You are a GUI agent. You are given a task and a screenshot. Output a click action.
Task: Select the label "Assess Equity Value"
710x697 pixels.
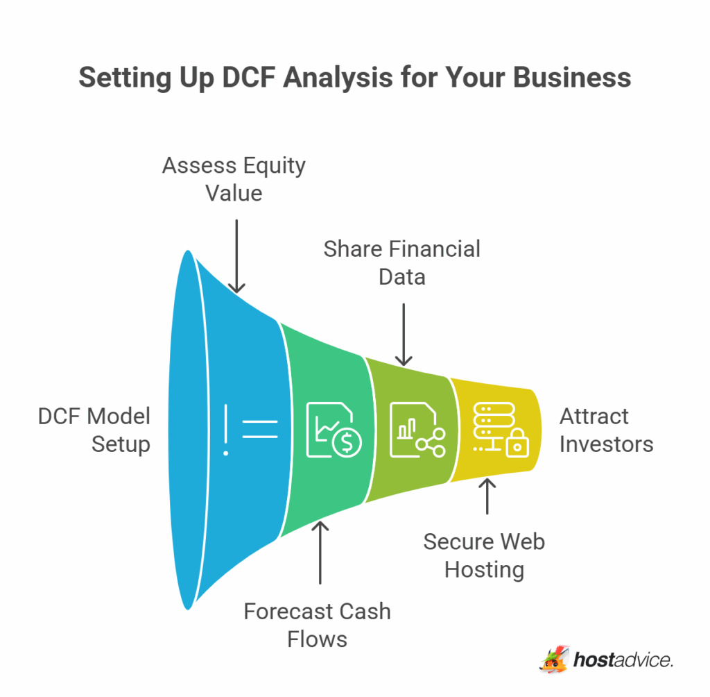click(x=234, y=178)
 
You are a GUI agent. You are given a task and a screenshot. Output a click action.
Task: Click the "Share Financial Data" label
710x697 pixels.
click(x=402, y=262)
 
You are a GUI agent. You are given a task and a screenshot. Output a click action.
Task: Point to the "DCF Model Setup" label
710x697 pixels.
click(x=94, y=430)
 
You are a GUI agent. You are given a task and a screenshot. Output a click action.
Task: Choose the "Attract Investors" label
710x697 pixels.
click(x=606, y=430)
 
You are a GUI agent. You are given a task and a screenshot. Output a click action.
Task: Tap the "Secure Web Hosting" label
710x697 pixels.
click(x=484, y=555)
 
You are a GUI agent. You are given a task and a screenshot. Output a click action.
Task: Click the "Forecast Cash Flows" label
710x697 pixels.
click(x=318, y=625)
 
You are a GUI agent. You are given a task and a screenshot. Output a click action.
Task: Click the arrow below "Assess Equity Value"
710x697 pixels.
click(x=237, y=256)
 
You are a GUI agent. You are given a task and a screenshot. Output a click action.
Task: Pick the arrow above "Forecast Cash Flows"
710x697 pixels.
click(x=320, y=552)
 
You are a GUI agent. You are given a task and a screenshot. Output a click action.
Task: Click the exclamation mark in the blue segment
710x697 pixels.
click(x=225, y=431)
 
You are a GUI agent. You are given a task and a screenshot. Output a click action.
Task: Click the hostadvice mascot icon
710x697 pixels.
click(x=553, y=659)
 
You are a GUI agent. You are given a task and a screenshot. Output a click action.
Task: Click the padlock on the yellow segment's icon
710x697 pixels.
click(x=516, y=444)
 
